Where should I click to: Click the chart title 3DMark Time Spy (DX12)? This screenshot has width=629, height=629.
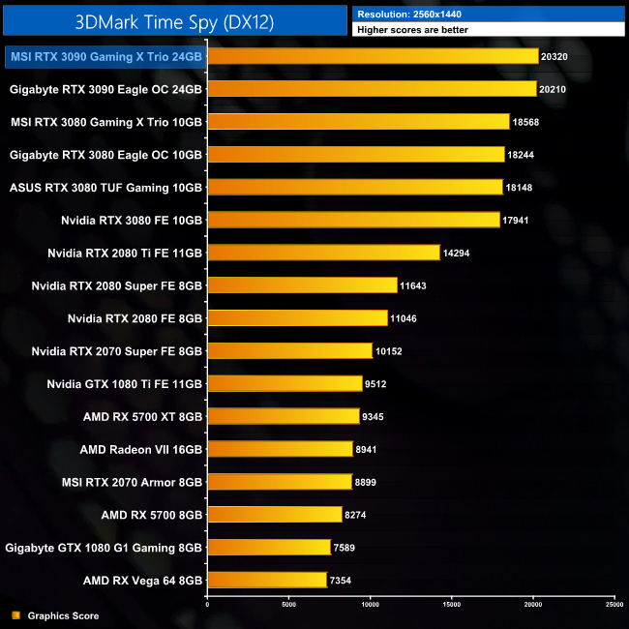point(174,20)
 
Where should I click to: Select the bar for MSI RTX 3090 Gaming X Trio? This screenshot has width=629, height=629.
point(373,56)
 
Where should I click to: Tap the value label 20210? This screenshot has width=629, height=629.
point(554,89)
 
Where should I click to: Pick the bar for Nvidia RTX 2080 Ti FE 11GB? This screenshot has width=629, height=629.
point(323,253)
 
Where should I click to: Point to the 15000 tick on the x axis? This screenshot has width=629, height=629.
point(451,603)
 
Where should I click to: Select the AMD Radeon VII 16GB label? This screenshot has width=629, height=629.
point(141,449)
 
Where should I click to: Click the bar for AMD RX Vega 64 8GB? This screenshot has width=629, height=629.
point(267,581)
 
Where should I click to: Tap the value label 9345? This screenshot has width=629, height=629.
point(375,417)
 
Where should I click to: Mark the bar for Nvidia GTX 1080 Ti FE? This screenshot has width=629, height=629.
point(285,384)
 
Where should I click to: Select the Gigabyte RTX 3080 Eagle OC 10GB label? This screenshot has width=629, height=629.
point(105,154)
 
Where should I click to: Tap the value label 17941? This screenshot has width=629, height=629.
point(516,221)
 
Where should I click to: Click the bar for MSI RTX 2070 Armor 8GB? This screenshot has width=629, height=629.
point(280,482)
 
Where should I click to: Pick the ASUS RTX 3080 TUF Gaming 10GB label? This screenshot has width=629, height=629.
point(105,187)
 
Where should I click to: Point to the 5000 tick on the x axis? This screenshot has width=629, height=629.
point(288,603)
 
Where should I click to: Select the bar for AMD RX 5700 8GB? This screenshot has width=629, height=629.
point(275,515)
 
